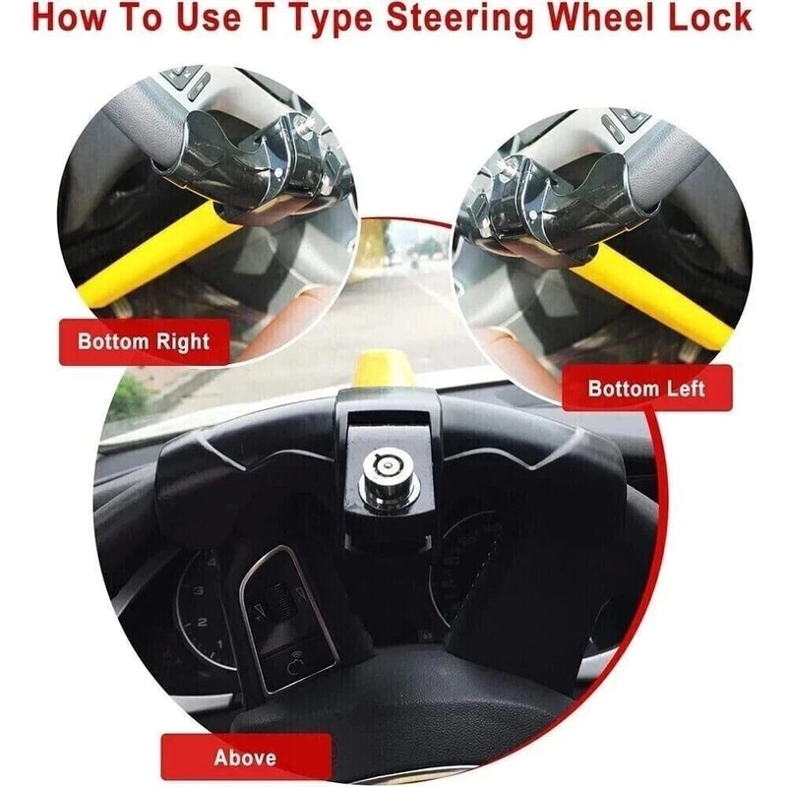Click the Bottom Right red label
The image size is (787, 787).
pos(144,342)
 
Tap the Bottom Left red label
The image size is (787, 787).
pos(646,388)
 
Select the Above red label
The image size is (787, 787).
pos(245,757)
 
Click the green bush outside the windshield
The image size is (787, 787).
pos(128,398)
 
